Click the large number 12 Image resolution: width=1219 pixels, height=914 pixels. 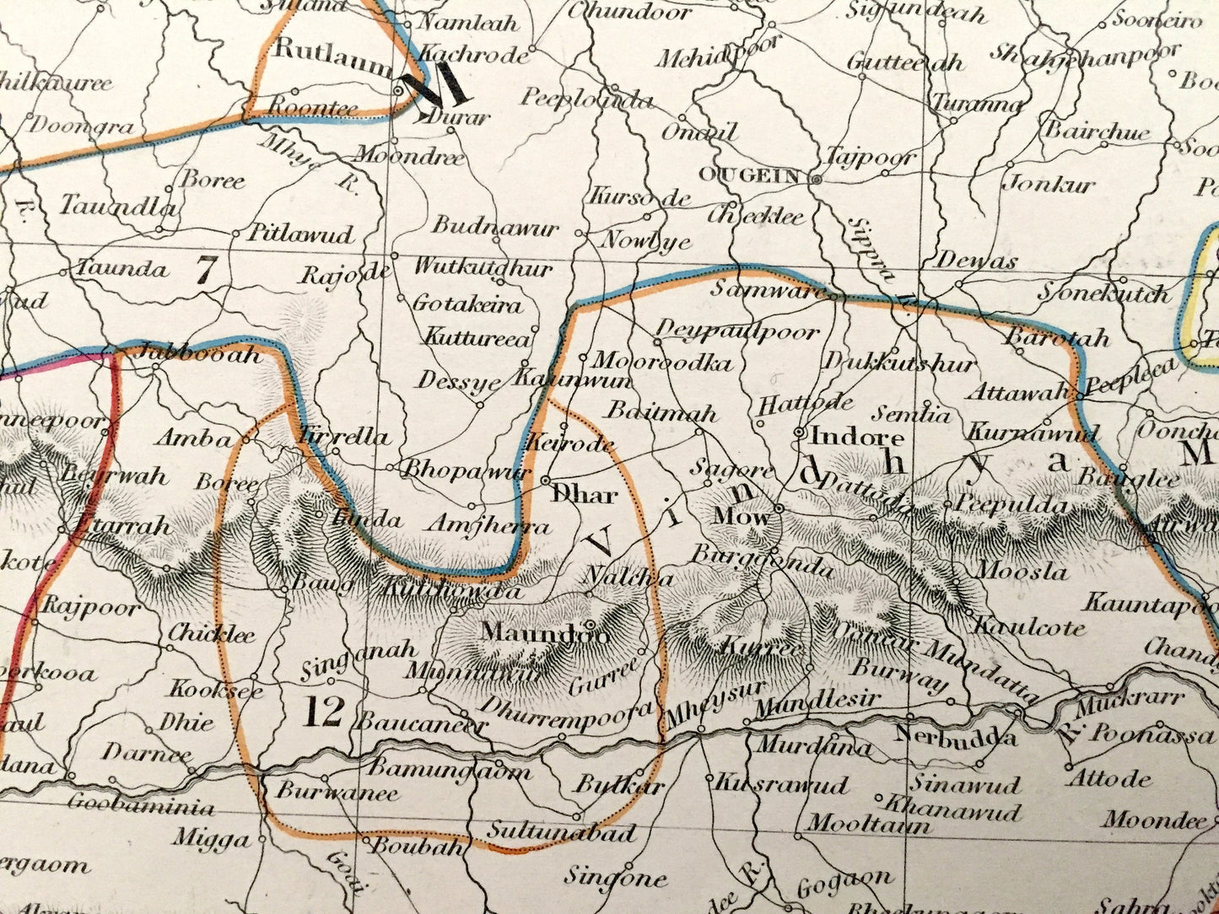coord(325,713)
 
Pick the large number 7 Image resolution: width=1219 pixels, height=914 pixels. coord(207,271)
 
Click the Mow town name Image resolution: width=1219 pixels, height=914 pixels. coord(742,516)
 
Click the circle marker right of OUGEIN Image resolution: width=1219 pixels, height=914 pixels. coord(816,179)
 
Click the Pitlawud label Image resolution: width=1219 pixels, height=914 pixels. coord(300,234)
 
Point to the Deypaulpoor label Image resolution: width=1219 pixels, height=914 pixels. coord(737,330)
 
